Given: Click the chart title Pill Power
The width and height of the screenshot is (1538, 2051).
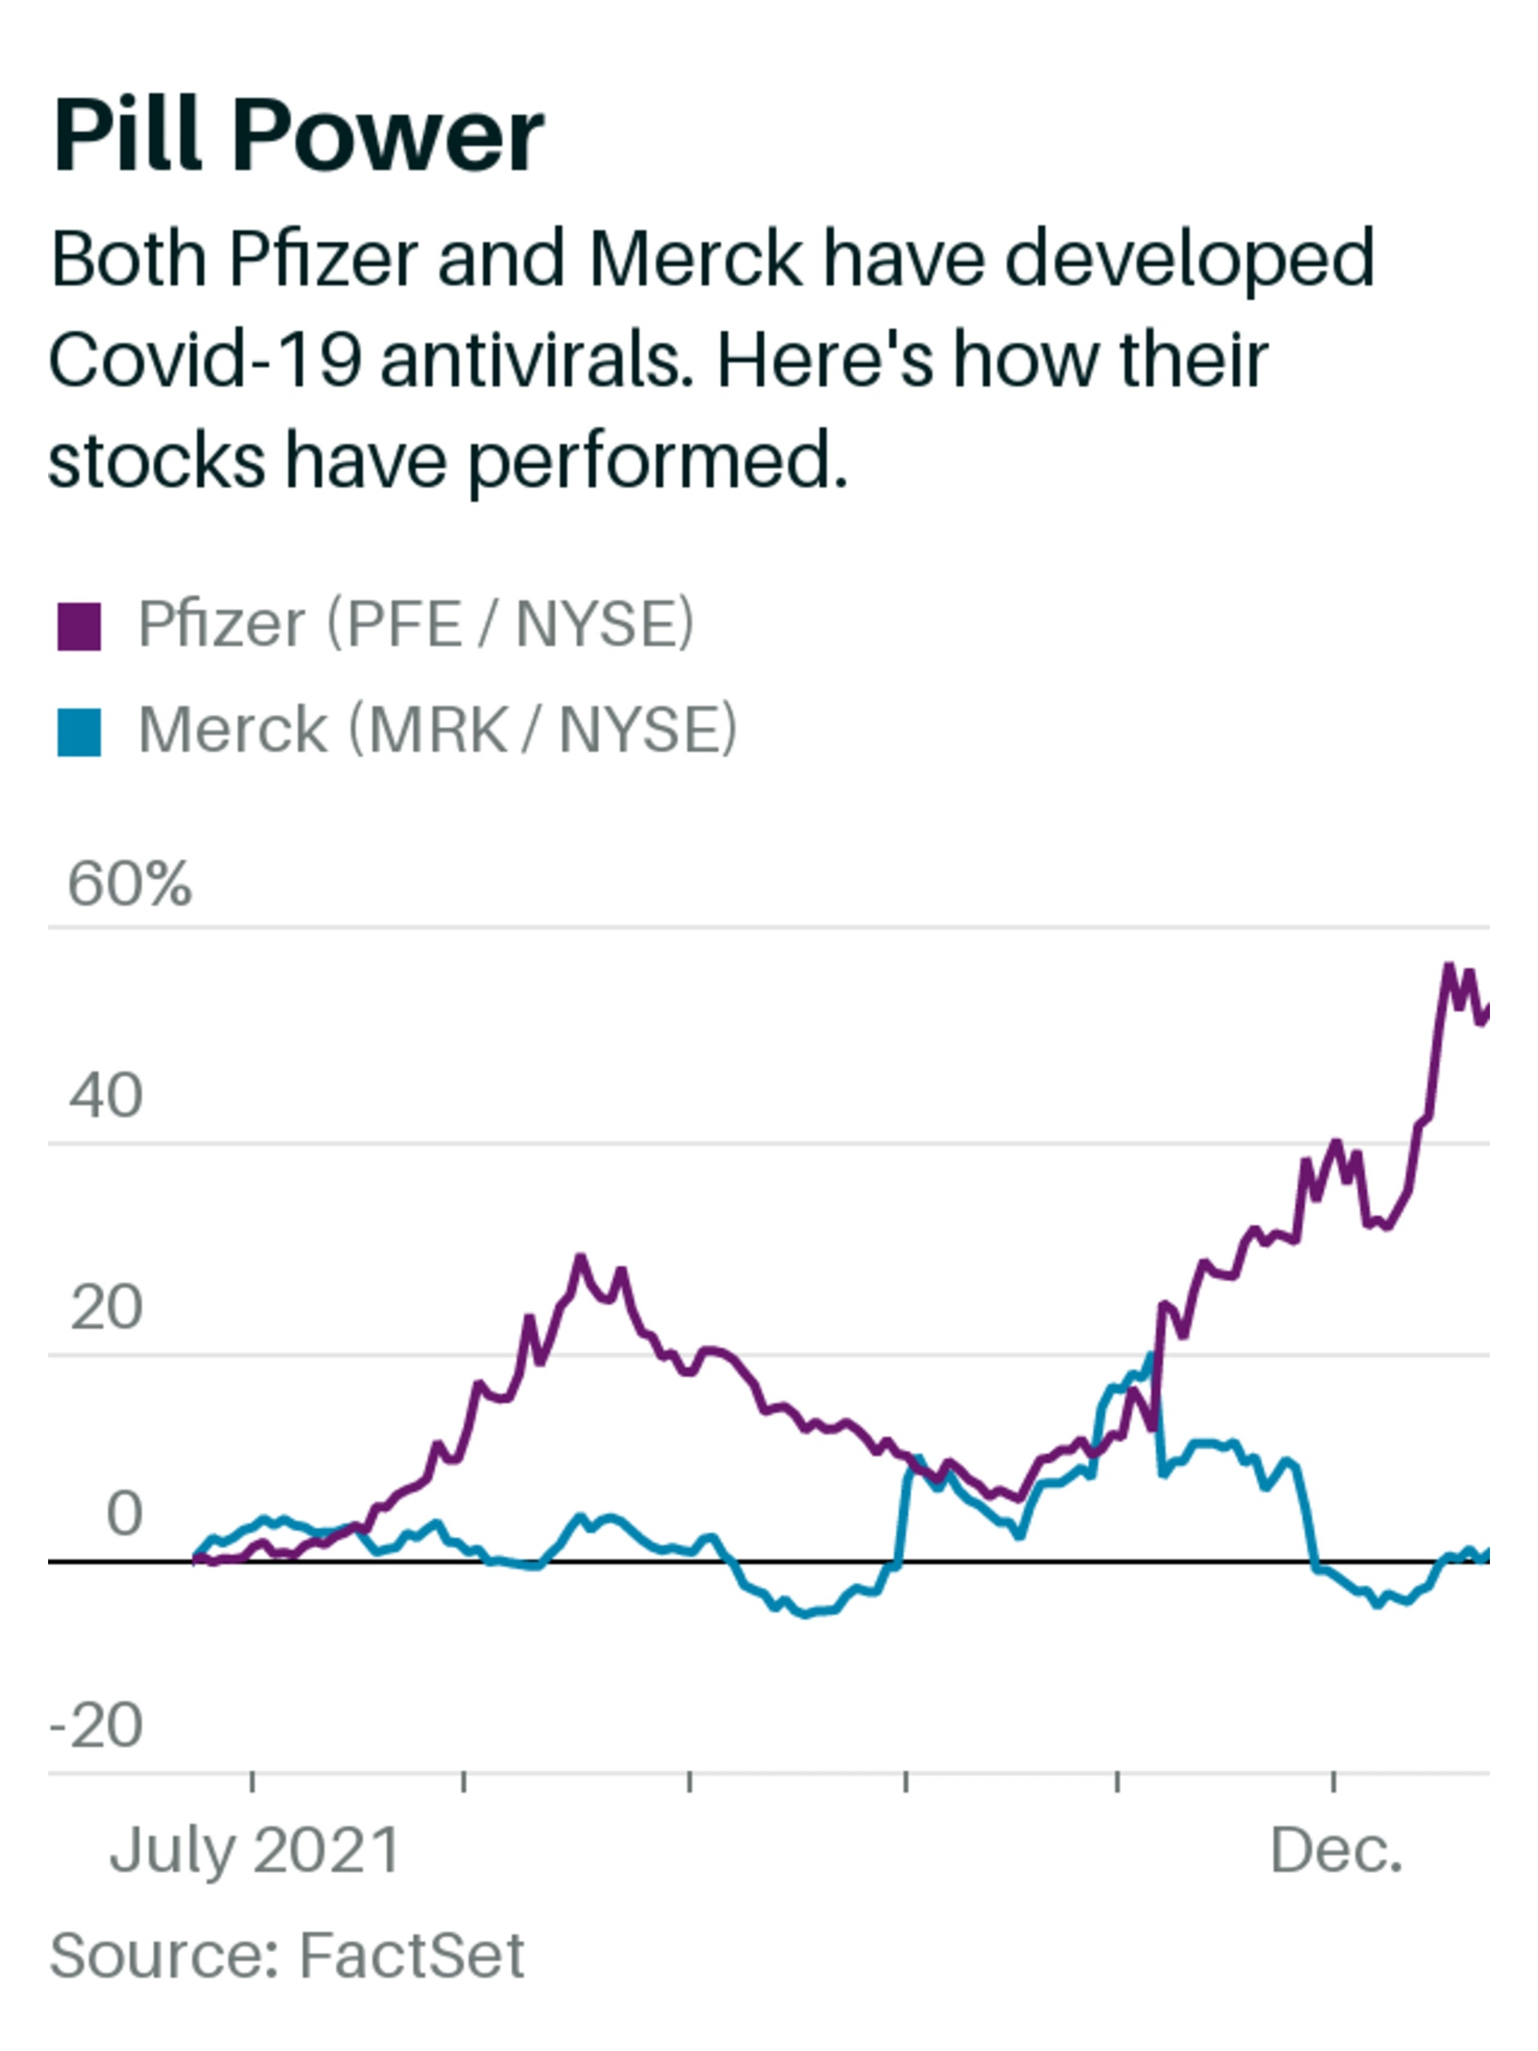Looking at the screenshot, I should [x=297, y=136].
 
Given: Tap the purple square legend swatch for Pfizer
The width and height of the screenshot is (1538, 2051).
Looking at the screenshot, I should [x=79, y=627].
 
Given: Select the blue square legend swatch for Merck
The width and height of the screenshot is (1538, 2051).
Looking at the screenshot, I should [x=79, y=733].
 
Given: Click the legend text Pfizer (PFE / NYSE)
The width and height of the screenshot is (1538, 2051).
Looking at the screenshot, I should [x=415, y=624].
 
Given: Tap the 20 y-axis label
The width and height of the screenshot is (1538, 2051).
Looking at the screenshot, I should [x=106, y=1308].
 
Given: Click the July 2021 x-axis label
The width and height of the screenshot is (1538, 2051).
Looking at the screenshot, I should [x=254, y=1851].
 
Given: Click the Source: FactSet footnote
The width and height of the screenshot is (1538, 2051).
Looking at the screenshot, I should [x=287, y=1957].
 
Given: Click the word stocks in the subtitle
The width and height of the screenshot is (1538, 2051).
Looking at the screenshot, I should [x=156, y=462].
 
